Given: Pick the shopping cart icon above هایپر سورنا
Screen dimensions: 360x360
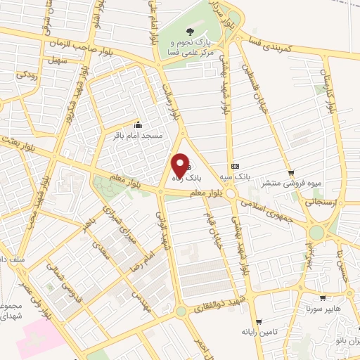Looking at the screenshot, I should tap(323, 298).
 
